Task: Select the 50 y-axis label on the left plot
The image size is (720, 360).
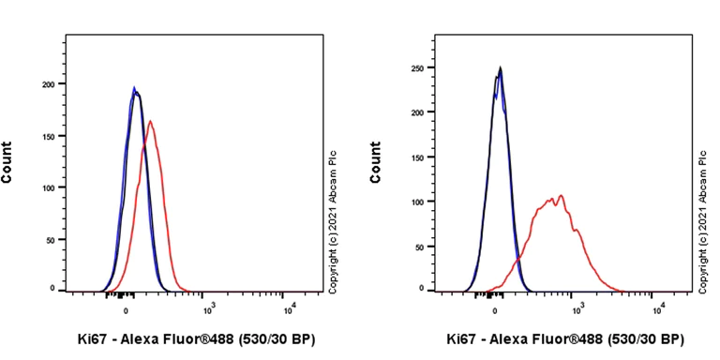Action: [52, 238]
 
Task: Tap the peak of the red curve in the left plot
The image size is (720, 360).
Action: [151, 121]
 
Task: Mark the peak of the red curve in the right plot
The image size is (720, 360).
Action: [562, 195]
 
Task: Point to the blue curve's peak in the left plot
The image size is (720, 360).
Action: [134, 88]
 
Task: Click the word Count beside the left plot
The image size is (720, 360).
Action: [7, 162]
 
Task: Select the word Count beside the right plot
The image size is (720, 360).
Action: [376, 162]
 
